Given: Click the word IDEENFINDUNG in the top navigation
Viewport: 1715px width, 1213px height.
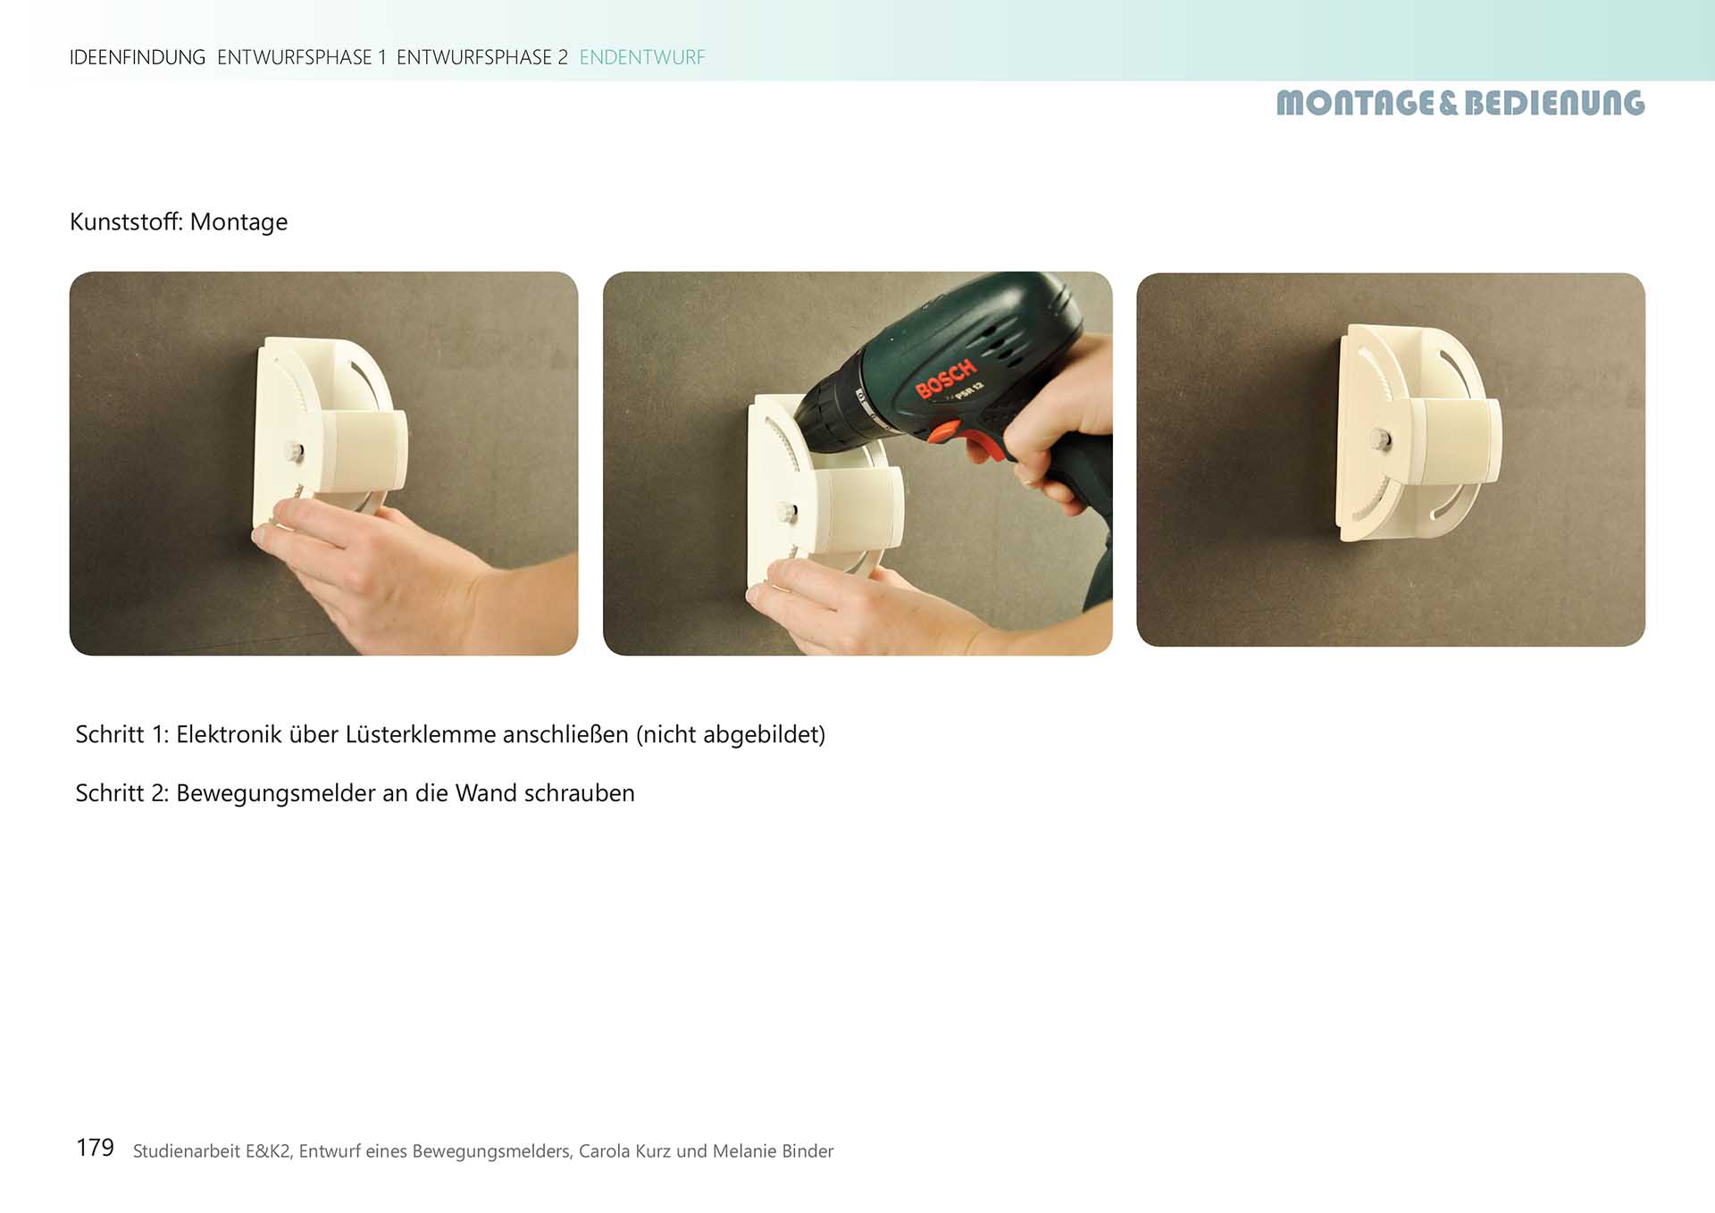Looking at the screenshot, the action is (138, 57).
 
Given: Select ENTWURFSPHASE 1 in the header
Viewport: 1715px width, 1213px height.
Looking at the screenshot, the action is (302, 57).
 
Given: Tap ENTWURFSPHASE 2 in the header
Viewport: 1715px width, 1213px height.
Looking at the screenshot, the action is (482, 57).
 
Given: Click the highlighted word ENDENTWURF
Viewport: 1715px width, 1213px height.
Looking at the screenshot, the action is (642, 57).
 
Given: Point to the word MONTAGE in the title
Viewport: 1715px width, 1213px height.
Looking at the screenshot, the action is (1356, 103).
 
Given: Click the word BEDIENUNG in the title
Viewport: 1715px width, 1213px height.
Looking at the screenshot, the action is (1554, 103).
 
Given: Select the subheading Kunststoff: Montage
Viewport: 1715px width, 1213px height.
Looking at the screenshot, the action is (179, 222).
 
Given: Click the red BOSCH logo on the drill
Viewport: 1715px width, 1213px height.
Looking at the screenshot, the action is (946, 379).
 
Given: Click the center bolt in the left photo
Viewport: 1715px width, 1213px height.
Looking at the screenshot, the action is (294, 452).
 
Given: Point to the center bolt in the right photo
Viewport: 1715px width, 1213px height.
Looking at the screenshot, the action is (1381, 438).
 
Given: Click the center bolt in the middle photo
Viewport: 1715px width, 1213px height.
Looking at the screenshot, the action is (786, 513).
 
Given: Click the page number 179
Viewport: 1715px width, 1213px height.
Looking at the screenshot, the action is (95, 1148).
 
